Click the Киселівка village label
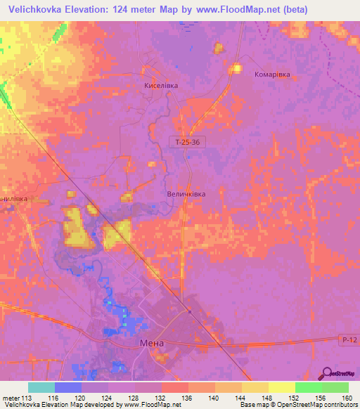pyautogui.click(x=161, y=85)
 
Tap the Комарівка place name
pyautogui.click(x=272, y=74)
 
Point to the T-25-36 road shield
pyautogui.click(x=187, y=142)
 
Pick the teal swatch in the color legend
pyautogui.click(x=41, y=387)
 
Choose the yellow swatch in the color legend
pyautogui.click(x=281, y=387)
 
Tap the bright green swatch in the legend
pyautogui.click(x=308, y=387)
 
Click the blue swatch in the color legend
pyautogui.click(x=67, y=387)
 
